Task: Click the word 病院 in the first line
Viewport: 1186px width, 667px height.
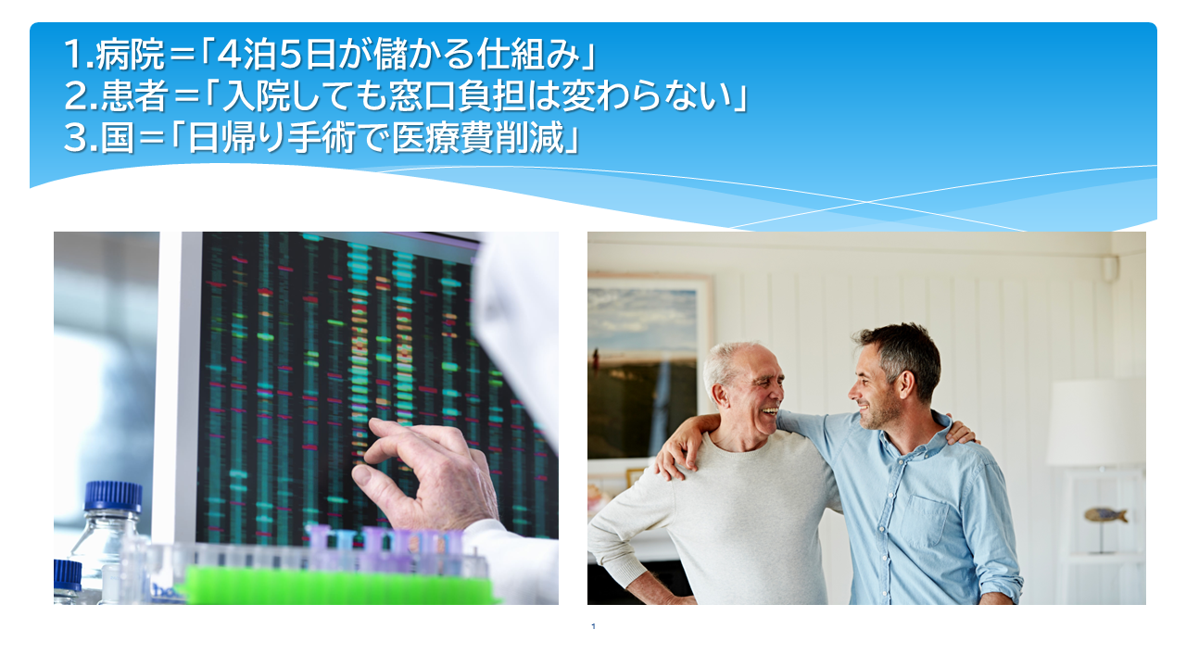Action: [131, 55]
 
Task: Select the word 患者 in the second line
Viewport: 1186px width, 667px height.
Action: [134, 95]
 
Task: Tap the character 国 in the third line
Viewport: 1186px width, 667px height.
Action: [118, 138]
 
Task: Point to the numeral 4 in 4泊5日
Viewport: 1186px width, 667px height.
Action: [228, 55]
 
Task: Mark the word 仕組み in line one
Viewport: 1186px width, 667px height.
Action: [528, 55]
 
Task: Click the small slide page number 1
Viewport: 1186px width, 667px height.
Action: [593, 626]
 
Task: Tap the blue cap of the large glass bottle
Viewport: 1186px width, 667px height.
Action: [113, 496]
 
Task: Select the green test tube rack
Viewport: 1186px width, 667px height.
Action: [339, 585]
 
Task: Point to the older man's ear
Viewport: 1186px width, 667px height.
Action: [720, 396]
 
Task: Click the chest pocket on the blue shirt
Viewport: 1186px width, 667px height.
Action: [925, 521]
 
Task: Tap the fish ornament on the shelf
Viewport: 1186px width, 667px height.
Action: [1105, 514]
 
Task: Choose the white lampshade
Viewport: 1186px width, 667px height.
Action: [1096, 423]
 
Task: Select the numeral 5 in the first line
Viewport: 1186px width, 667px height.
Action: [290, 55]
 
